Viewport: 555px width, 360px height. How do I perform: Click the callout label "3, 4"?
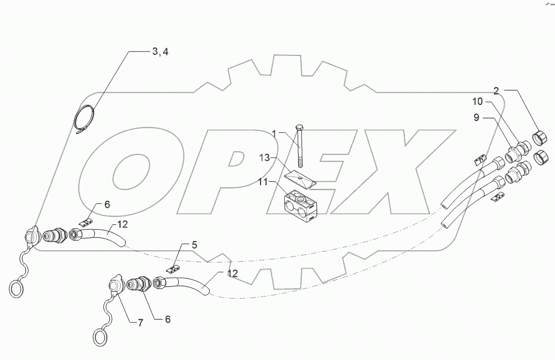160,52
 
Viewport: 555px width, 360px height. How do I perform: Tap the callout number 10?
479,102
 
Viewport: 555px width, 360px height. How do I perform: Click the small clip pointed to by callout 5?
173,267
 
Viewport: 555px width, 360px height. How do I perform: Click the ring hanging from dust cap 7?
100,338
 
